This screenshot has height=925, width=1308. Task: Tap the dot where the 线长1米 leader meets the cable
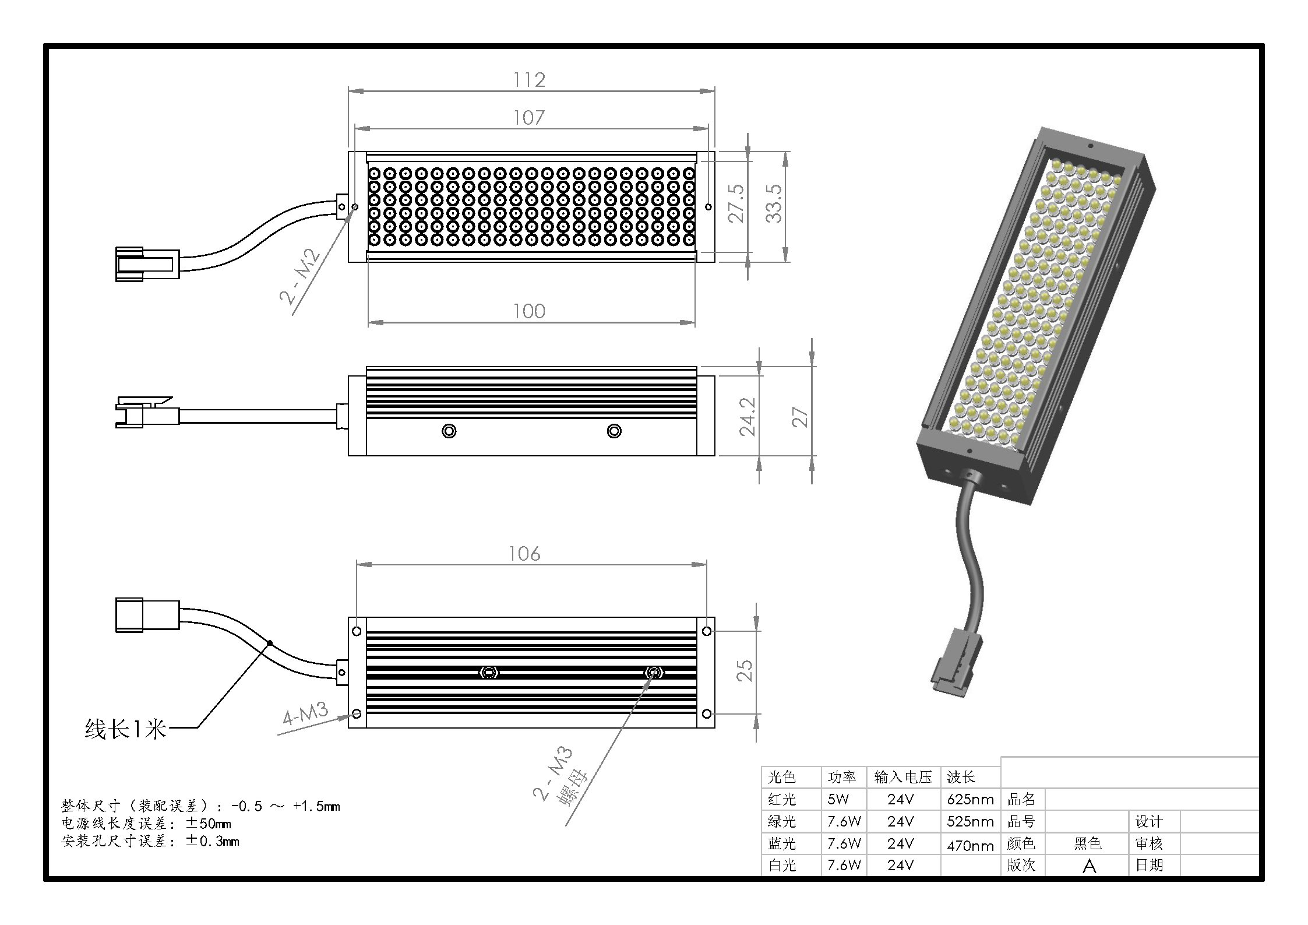(270, 643)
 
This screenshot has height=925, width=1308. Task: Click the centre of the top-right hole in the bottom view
(706, 631)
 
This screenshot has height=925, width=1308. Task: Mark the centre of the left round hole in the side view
(449, 431)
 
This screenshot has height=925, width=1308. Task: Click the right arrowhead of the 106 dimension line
(706, 564)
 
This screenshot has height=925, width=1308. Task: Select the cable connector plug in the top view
(147, 265)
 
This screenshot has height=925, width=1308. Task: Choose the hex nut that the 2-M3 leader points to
(654, 673)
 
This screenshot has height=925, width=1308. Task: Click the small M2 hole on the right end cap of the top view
(708, 206)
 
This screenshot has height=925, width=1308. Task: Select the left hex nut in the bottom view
(488, 673)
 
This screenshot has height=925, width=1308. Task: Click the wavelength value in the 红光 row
(970, 799)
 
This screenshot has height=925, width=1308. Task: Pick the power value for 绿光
(844, 821)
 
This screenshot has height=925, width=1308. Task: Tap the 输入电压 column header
(903, 777)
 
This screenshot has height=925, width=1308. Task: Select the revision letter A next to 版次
(1089, 866)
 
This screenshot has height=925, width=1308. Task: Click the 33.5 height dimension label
(774, 203)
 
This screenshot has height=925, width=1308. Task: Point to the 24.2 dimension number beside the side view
(748, 417)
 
